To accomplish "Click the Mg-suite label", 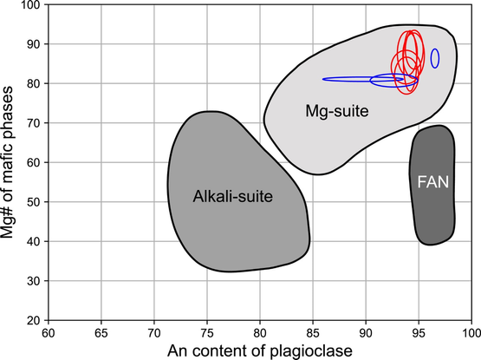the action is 337,111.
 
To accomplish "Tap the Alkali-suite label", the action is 233,196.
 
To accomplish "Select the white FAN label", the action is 432,182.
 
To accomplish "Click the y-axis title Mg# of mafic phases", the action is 7,162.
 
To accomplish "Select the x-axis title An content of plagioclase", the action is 260,351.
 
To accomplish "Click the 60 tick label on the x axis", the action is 49,333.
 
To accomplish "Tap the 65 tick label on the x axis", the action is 101,333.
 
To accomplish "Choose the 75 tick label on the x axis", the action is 207,333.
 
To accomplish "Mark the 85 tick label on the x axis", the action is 313,333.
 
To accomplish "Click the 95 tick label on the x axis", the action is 419,333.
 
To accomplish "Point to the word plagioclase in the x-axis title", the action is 311,351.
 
